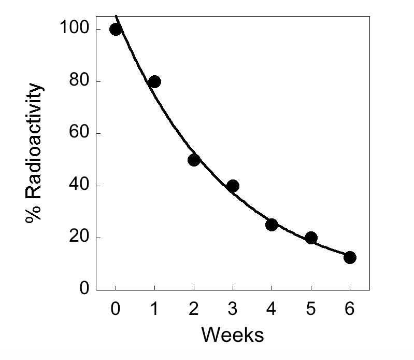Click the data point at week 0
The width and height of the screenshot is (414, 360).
click(x=116, y=29)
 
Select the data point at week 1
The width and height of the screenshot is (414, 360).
click(x=154, y=81)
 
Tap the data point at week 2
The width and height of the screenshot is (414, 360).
click(x=194, y=160)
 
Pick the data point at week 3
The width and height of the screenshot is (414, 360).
click(x=233, y=186)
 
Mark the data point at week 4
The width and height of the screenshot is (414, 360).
click(x=272, y=225)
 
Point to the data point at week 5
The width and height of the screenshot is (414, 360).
click(x=311, y=238)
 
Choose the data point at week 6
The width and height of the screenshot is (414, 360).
click(x=350, y=257)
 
